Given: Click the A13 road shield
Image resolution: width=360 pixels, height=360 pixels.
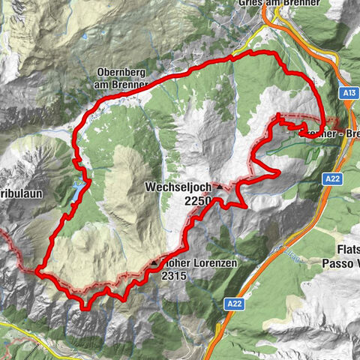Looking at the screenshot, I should [346, 93].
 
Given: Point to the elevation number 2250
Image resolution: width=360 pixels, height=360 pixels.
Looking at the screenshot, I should [196, 200].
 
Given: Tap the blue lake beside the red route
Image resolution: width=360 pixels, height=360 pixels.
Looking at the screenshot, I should [78, 193].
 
